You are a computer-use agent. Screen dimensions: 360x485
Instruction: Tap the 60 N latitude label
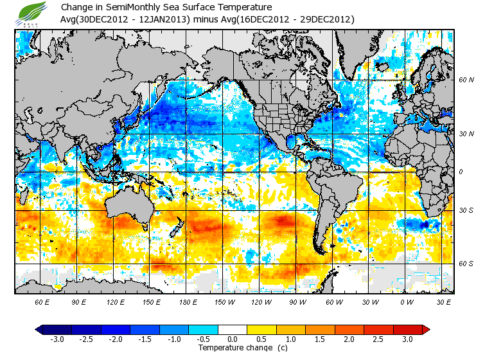click(x=466, y=80)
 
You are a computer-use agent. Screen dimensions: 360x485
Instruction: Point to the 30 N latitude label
click(x=466, y=134)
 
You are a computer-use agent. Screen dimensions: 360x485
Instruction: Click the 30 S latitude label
click(x=466, y=211)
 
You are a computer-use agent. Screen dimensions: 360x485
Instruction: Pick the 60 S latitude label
click(x=466, y=264)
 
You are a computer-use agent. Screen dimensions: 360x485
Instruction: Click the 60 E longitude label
click(x=42, y=301)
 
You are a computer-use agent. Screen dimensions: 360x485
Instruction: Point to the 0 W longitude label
click(x=407, y=301)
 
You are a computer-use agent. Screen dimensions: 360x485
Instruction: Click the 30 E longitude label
click(x=443, y=301)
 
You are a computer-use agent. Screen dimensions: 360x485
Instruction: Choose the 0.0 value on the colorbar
click(x=233, y=339)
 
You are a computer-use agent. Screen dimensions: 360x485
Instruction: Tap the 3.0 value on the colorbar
click(x=407, y=339)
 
